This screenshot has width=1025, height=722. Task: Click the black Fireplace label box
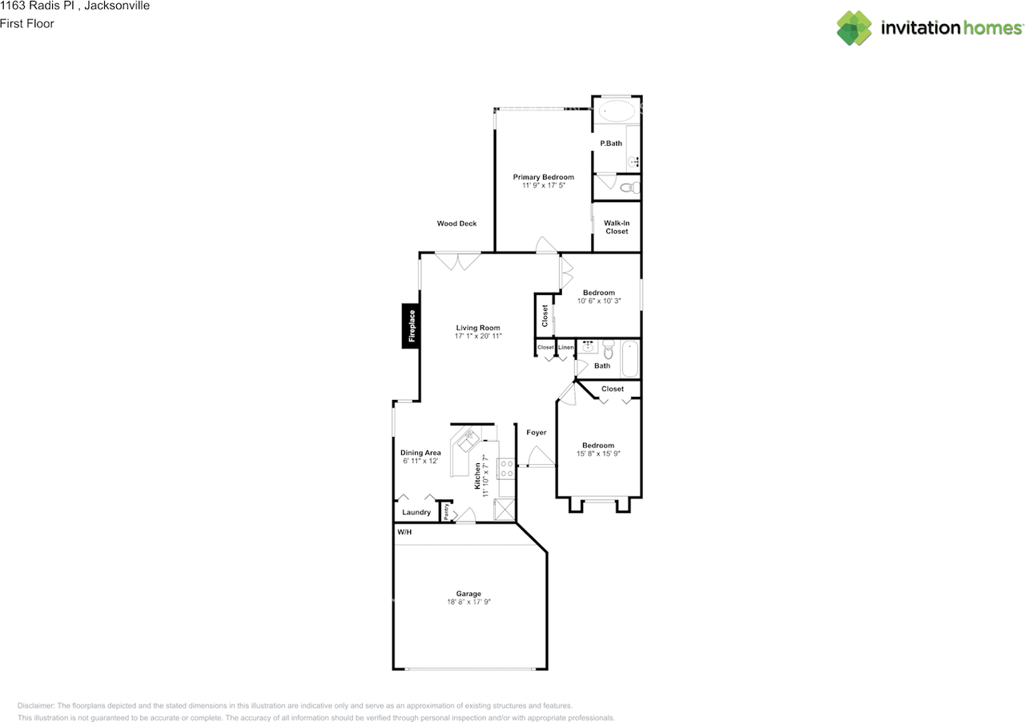pyautogui.click(x=412, y=326)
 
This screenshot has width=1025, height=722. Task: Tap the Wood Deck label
pyautogui.click(x=456, y=224)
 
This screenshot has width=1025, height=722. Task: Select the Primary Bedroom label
pyautogui.click(x=544, y=177)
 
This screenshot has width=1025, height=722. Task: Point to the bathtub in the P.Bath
pyautogui.click(x=617, y=110)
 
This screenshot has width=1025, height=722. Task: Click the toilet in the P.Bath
pyautogui.click(x=631, y=188)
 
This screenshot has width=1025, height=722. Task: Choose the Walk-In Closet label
pyautogui.click(x=617, y=228)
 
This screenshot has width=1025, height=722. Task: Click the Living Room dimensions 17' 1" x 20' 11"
pyautogui.click(x=478, y=337)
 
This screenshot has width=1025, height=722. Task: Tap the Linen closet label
pyautogui.click(x=566, y=347)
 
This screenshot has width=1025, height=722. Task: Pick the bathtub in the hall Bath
pyautogui.click(x=630, y=360)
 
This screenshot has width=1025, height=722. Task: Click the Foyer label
pyautogui.click(x=537, y=433)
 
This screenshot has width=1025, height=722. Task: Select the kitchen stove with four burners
pyautogui.click(x=506, y=468)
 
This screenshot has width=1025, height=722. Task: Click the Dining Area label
pyautogui.click(x=421, y=453)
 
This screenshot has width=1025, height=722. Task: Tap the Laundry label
pyautogui.click(x=416, y=512)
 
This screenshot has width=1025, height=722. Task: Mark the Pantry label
pyautogui.click(x=446, y=511)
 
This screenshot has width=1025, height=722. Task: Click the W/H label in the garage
pyautogui.click(x=404, y=532)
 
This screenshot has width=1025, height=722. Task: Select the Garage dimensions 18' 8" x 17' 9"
pyautogui.click(x=469, y=602)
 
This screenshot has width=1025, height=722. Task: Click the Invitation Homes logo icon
pyautogui.click(x=854, y=28)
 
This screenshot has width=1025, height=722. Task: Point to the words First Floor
pyautogui.click(x=27, y=23)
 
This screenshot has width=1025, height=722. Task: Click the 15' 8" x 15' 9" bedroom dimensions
pyautogui.click(x=598, y=454)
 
